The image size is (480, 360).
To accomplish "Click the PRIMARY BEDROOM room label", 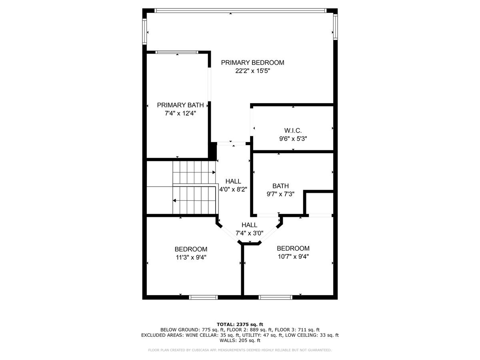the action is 252,63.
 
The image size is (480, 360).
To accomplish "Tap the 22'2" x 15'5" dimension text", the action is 252,71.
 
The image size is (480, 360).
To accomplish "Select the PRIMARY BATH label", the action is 180,105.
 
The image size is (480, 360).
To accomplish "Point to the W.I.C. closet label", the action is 293,130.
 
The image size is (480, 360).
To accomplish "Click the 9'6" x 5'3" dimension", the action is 293,139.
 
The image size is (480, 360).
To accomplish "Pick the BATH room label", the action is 280,186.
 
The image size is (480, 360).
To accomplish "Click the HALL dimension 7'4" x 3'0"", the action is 249,233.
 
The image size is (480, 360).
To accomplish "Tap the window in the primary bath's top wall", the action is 177,52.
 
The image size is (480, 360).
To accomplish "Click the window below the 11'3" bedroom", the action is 203,297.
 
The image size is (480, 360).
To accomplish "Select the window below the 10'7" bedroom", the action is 275,297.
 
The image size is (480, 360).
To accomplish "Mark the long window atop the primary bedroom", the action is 240,10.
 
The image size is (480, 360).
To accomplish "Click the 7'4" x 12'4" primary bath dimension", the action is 180,114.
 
